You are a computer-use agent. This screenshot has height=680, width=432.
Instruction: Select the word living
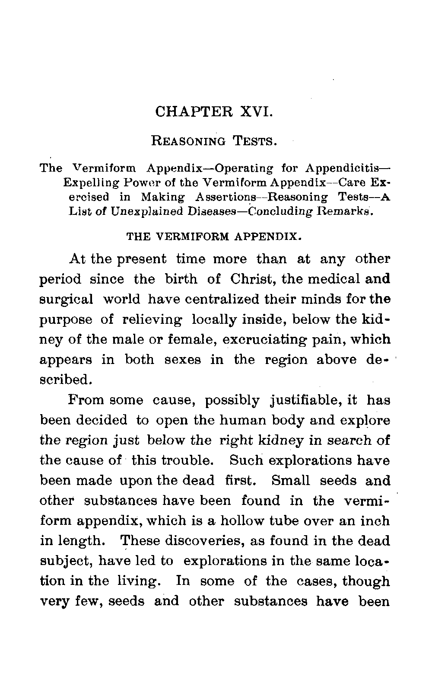point(137,581)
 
